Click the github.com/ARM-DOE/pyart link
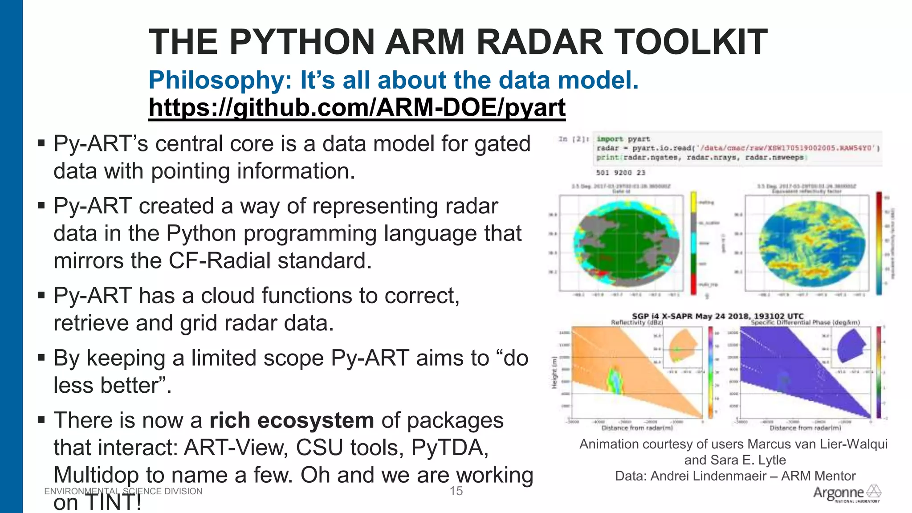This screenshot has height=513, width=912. tap(356, 108)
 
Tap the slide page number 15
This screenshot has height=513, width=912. tap(456, 491)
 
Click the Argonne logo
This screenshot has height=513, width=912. tap(847, 493)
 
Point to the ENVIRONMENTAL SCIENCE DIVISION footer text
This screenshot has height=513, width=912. tap(123, 491)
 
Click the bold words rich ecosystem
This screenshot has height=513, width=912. tap(292, 420)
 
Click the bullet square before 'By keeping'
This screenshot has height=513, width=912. tap(41, 357)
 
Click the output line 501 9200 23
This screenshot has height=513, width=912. tap(620, 173)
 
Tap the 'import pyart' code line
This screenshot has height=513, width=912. tap(623, 139)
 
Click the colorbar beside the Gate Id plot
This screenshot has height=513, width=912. tap(693, 243)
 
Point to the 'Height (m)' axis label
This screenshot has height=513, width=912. tap(554, 372)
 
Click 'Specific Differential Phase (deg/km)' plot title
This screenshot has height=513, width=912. tap(805, 322)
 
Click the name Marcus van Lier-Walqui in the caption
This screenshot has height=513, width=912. tap(817, 444)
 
